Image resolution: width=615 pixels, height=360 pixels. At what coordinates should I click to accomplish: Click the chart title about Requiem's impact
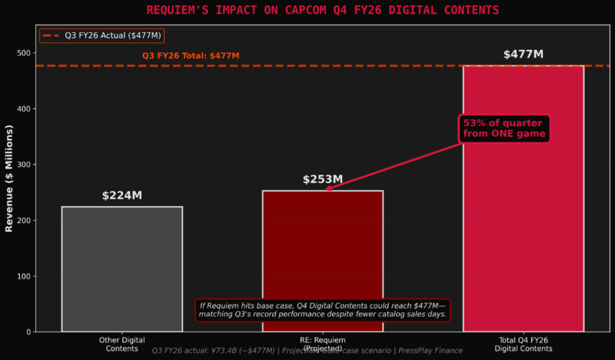pyautogui.click(x=307, y=10)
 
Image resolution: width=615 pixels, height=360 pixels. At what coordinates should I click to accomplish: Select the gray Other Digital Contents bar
pyautogui.click(x=121, y=268)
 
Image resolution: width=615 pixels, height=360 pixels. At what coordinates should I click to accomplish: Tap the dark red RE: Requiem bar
pyautogui.click(x=322, y=246)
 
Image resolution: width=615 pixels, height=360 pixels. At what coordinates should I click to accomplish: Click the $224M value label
pyautogui.click(x=121, y=195)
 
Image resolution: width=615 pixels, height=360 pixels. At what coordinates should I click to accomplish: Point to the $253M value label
pyautogui.click(x=323, y=179)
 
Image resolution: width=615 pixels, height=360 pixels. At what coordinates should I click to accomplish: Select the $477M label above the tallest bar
pyautogui.click(x=523, y=55)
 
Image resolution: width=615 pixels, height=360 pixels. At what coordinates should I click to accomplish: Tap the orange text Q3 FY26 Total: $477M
pyautogui.click(x=191, y=55)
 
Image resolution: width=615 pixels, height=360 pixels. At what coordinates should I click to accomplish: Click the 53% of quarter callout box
pyautogui.click(x=504, y=128)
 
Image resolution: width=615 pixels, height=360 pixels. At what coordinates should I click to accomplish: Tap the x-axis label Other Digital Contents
pyautogui.click(x=121, y=344)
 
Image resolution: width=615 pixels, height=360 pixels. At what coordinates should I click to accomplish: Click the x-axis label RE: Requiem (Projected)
pyautogui.click(x=322, y=344)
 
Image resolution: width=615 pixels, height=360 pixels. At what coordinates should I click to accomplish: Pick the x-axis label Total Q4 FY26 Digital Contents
pyautogui.click(x=523, y=344)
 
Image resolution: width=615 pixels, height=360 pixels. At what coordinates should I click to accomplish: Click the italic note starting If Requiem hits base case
pyautogui.click(x=322, y=310)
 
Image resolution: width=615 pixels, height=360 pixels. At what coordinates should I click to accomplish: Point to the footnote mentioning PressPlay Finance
pyautogui.click(x=307, y=351)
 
